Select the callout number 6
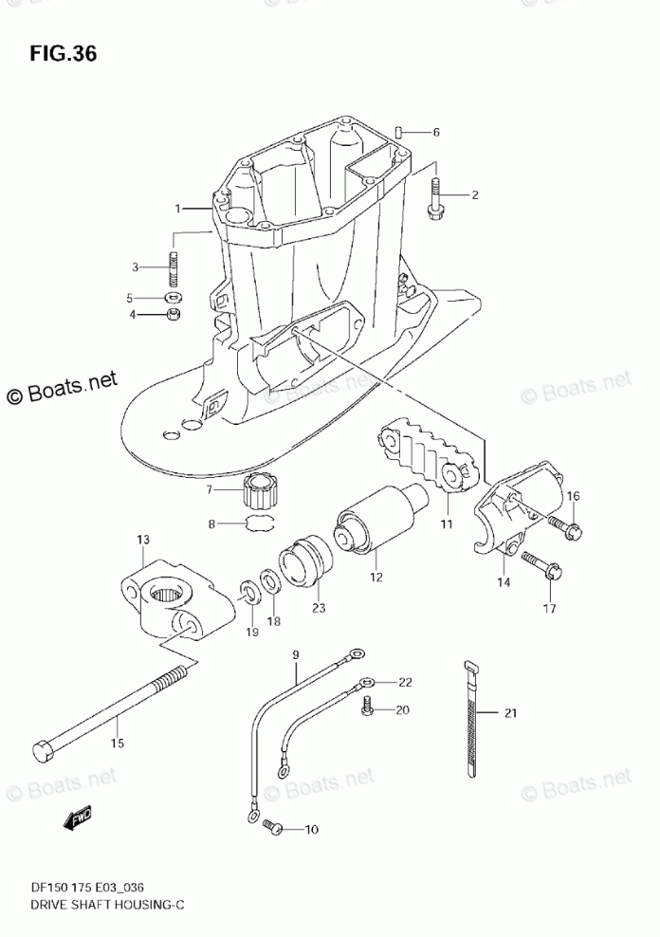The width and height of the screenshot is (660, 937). (x=436, y=132)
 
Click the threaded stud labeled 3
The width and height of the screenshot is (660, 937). (x=174, y=266)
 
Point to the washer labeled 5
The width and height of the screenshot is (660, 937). (x=174, y=297)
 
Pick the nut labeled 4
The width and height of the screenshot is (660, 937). (x=174, y=315)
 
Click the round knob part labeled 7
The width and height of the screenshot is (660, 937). (x=259, y=492)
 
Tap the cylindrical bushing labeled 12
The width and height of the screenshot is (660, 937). (x=378, y=524)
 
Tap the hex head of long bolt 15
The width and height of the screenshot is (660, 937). (x=44, y=749)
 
